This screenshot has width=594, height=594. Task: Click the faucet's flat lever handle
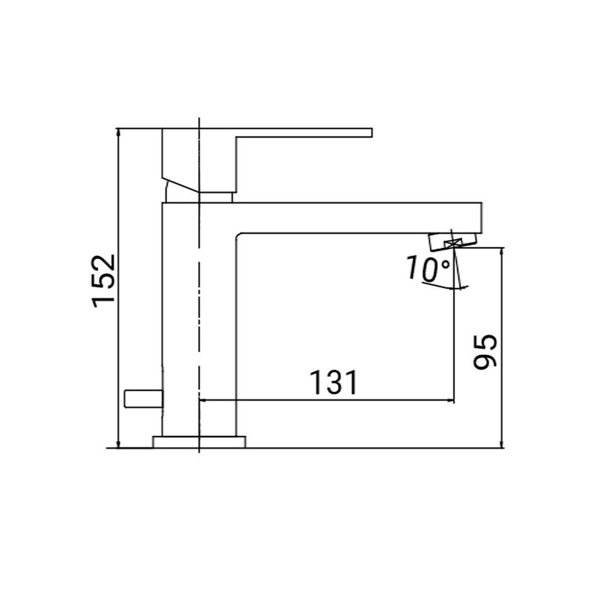(x=304, y=133)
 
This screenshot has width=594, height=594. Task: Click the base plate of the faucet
(x=198, y=443)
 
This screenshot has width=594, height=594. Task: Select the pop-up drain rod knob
(x=143, y=399)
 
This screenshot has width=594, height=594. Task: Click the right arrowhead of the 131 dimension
(x=450, y=401)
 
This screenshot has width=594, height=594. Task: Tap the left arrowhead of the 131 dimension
(x=204, y=401)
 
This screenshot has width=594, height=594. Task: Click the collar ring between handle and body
(x=215, y=197)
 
